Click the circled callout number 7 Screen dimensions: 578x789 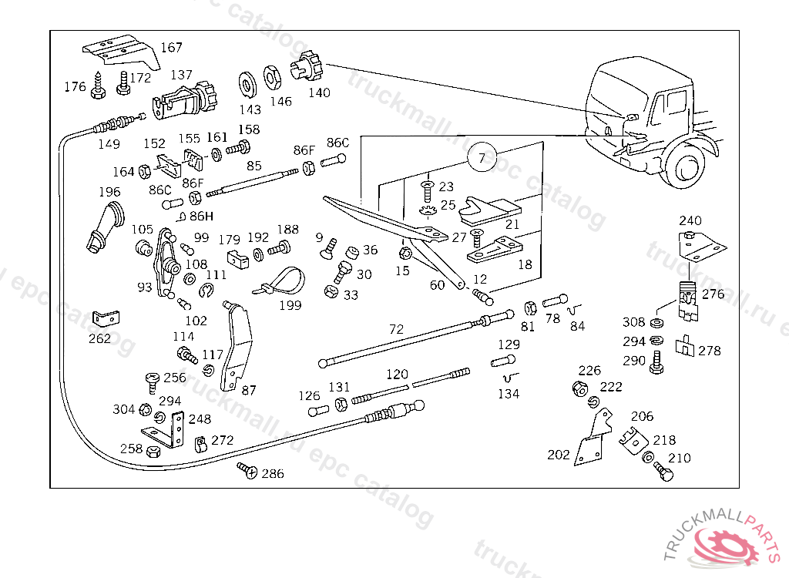482,160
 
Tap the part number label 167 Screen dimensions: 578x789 171,48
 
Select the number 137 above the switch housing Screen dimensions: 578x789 181,75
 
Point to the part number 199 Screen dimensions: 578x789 290,306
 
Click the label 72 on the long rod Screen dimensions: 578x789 396,329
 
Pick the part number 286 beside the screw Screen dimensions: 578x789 272,473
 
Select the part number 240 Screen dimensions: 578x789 690,220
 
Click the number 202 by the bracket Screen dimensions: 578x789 559,455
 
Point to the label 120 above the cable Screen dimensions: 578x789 397,375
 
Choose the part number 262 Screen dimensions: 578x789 99,338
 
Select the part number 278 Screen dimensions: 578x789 710,351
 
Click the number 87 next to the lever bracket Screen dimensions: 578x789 249,391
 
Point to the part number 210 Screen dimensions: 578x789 680,458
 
